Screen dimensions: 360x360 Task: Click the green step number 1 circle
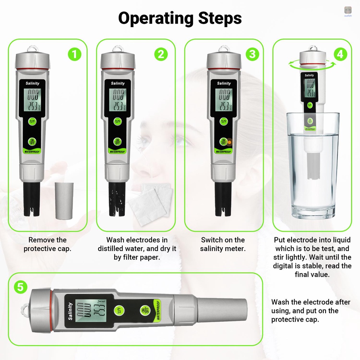click(74, 54)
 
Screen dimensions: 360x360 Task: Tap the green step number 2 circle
click(161, 54)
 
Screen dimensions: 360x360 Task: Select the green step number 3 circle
click(252, 54)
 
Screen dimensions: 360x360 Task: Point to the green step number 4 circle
click(340, 54)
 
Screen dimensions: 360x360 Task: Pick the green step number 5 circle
click(21, 287)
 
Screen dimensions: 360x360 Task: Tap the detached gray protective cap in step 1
click(64, 200)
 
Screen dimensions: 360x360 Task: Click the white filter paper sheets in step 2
click(151, 204)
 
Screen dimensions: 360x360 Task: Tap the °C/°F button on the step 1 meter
click(32, 122)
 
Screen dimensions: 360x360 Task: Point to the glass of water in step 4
click(313, 165)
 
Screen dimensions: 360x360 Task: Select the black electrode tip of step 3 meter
click(223, 199)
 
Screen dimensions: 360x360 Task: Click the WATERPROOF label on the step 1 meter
click(32, 152)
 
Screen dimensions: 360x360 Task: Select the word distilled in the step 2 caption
click(115, 249)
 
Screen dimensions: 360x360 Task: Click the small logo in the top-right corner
click(348, 11)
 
